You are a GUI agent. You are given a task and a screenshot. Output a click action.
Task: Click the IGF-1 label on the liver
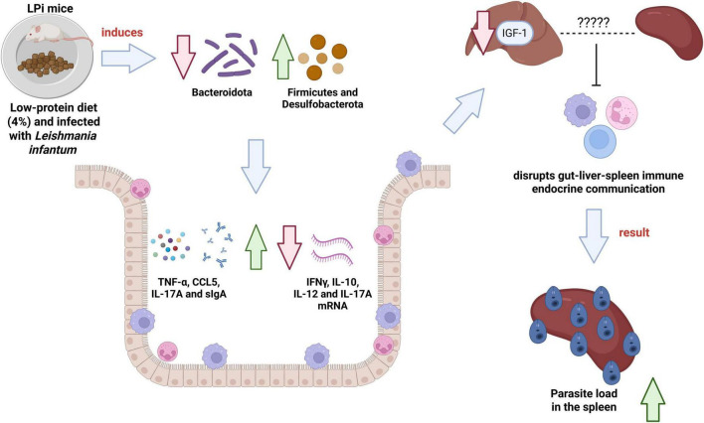pyautogui.click(x=514, y=33)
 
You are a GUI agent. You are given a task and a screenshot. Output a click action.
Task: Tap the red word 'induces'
pyautogui.click(x=122, y=33)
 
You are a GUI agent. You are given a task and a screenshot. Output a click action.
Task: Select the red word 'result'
pyautogui.click(x=634, y=232)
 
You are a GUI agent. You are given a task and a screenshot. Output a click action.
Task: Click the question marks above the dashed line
pyautogui.click(x=593, y=22)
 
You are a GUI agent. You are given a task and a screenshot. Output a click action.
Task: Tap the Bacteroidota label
pyautogui.click(x=222, y=92)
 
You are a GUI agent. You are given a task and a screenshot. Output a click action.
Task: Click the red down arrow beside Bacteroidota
pyautogui.click(x=183, y=57)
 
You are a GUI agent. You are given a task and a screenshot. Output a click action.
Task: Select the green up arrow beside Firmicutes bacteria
pyautogui.click(x=282, y=57)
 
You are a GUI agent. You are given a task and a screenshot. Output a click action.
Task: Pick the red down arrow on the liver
pyautogui.click(x=482, y=32)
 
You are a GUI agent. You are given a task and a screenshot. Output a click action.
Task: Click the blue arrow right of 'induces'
pyautogui.click(x=128, y=59)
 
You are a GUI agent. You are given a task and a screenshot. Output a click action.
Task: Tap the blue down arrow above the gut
pyautogui.click(x=256, y=167)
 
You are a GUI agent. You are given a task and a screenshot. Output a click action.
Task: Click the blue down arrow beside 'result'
pyautogui.click(x=594, y=236)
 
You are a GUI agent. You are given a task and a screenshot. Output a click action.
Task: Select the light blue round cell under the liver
pyautogui.click(x=600, y=141)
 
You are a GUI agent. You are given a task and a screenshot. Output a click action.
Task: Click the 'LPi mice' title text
pyautogui.click(x=50, y=8)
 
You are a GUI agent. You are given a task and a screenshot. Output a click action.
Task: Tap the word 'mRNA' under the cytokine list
pyautogui.click(x=333, y=306)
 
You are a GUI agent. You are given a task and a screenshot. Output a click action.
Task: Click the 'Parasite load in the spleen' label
pyautogui.click(x=584, y=400)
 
